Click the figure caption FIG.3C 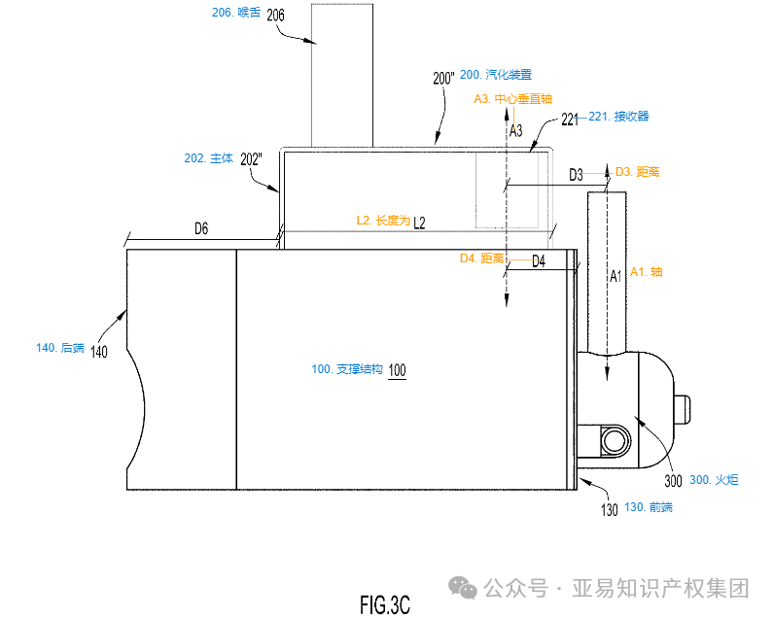click(385, 604)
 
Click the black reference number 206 click(275, 15)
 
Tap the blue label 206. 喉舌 click(236, 13)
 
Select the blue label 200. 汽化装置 click(496, 74)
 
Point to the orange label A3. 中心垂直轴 click(512, 98)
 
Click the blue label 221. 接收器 click(618, 117)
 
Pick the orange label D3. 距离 click(638, 171)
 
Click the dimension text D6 click(201, 228)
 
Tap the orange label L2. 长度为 click(383, 221)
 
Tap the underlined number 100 click(398, 370)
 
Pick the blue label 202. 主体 click(212, 157)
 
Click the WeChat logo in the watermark click(462, 588)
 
